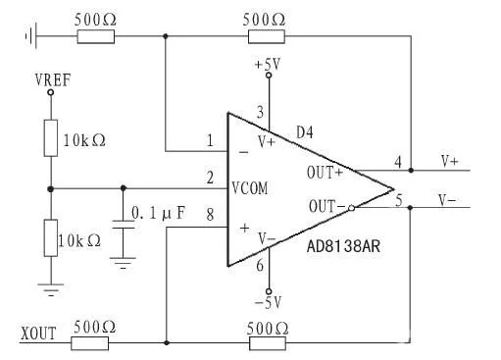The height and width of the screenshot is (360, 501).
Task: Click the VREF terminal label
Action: pos(53,80)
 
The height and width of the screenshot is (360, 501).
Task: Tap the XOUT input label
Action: pos(38,334)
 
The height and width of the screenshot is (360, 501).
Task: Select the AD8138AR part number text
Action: pos(343,246)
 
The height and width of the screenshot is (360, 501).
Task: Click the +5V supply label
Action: pos(268,65)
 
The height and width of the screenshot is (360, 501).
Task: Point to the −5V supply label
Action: pos(268,303)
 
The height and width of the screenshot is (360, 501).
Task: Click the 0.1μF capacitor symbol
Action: pos(124,225)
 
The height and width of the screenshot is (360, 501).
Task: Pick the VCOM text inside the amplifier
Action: pos(250,188)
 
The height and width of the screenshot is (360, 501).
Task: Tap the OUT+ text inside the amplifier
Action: pos(325,173)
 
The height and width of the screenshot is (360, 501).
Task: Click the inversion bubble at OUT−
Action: pos(351,208)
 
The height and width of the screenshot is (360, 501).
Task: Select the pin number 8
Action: pos(210,215)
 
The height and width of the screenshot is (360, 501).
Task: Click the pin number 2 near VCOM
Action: pos(210,178)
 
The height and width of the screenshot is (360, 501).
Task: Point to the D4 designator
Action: pos(305,132)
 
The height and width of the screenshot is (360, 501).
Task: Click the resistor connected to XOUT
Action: pos(89,343)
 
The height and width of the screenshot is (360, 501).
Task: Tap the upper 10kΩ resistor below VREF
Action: pos(51,138)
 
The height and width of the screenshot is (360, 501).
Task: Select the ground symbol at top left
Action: pos(30,36)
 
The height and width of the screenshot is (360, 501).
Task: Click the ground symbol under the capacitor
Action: pos(123,263)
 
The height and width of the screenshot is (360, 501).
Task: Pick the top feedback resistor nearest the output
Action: pos(267,36)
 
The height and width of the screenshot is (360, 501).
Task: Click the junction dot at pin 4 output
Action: pos(411,171)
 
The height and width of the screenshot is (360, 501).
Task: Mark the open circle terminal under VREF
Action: pos(51,92)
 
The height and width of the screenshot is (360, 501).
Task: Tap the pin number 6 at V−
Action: pos(260,265)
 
